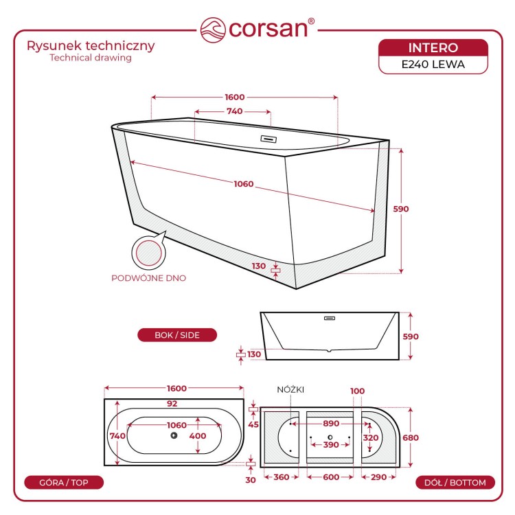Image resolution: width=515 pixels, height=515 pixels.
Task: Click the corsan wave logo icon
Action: [x=213, y=30]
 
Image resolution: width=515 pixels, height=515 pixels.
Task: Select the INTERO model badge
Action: [x=433, y=48]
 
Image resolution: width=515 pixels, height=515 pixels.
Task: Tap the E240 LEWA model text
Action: [x=433, y=65]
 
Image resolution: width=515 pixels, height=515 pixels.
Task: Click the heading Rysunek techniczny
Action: [x=91, y=46]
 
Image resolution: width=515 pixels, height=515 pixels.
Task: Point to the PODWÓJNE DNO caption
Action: [x=149, y=278]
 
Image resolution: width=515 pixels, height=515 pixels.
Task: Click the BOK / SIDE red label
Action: [x=177, y=335]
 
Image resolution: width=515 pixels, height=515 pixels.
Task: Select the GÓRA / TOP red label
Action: [x=64, y=483]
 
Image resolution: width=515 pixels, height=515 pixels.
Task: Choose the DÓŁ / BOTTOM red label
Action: [x=455, y=483]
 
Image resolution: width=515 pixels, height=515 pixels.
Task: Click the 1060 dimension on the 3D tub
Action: [x=244, y=184]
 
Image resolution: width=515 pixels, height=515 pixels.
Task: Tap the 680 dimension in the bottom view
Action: [x=411, y=437]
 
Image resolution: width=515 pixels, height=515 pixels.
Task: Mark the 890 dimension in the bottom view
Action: [x=331, y=424]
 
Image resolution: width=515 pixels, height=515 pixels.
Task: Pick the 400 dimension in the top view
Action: [x=198, y=436]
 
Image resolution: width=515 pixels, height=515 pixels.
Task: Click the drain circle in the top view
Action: [x=174, y=435]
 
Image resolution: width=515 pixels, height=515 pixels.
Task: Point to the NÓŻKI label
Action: [x=290, y=390]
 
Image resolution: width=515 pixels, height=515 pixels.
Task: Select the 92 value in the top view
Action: [x=172, y=404]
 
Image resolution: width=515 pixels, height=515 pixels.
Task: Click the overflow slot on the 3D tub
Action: [x=268, y=139]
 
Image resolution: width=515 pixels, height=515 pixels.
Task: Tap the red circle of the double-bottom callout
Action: [x=148, y=253]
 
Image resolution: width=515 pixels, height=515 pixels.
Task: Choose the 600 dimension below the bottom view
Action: [x=331, y=477]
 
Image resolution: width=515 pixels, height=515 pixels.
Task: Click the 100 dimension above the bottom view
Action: [x=357, y=391]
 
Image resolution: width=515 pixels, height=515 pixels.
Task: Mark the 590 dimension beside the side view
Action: [x=411, y=336]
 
